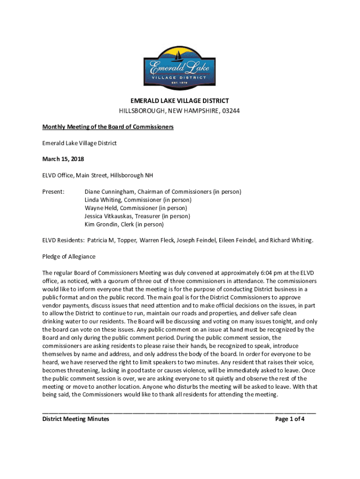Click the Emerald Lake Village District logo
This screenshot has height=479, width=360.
pyautogui.click(x=180, y=67)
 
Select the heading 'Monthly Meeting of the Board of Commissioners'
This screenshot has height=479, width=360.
pyautogui.click(x=108, y=127)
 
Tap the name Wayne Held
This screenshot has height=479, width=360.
pyautogui.click(x=100, y=208)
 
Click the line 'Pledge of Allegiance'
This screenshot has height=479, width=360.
pyautogui.click(x=69, y=256)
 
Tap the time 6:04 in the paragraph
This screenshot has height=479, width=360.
pyautogui.click(x=254, y=273)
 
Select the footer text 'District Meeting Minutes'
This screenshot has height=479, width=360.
pyautogui.click(x=76, y=419)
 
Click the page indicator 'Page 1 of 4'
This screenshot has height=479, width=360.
pyautogui.click(x=290, y=419)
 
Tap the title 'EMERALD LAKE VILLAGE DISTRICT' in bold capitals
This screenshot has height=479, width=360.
pyautogui.click(x=180, y=101)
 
